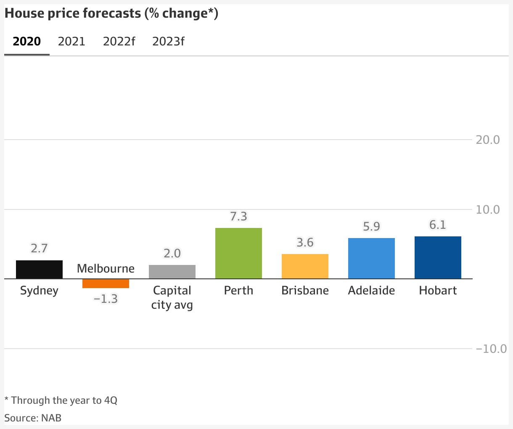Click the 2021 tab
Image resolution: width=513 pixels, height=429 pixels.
(71, 42)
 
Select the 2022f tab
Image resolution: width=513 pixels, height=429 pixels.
(119, 42)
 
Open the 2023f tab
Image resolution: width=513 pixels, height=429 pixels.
(168, 42)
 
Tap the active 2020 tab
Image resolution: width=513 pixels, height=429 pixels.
(27, 42)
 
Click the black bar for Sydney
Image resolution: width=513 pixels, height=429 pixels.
(39, 270)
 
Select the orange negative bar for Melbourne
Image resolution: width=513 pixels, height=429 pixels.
(106, 283)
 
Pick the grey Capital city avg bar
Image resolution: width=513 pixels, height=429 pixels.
(172, 272)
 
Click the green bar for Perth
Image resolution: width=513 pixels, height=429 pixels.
(238, 253)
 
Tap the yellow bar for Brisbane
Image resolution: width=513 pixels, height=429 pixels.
(305, 266)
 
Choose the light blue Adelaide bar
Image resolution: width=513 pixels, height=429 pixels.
(371, 258)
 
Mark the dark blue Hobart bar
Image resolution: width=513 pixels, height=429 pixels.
(438, 257)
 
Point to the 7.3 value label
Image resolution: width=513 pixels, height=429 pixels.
(238, 217)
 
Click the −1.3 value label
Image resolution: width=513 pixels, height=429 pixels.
(106, 299)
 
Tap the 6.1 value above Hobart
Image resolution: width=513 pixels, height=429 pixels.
(438, 225)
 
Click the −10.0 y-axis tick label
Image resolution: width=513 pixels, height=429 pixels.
(491, 349)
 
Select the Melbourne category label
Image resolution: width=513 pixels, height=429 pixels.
(106, 268)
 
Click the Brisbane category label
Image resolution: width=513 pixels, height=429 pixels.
(305, 291)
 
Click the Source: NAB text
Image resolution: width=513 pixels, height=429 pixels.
(33, 418)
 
